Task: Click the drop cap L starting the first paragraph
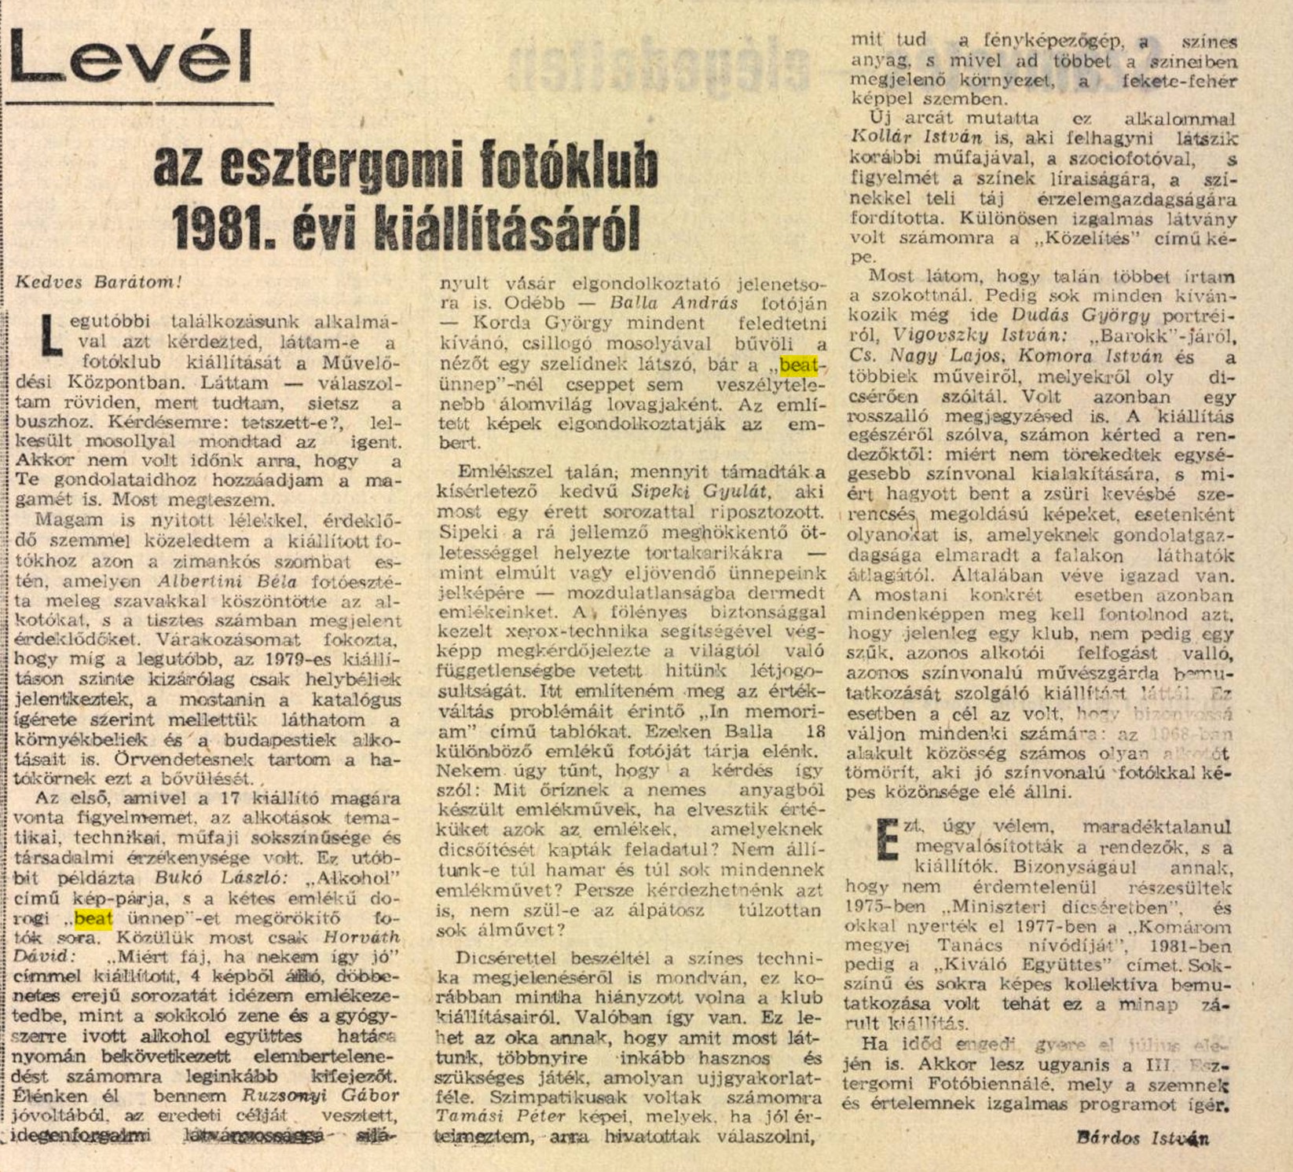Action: [x=50, y=334]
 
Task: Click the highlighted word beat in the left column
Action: [x=93, y=917]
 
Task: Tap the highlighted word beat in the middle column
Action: [x=799, y=364]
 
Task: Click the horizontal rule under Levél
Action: [x=140, y=102]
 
